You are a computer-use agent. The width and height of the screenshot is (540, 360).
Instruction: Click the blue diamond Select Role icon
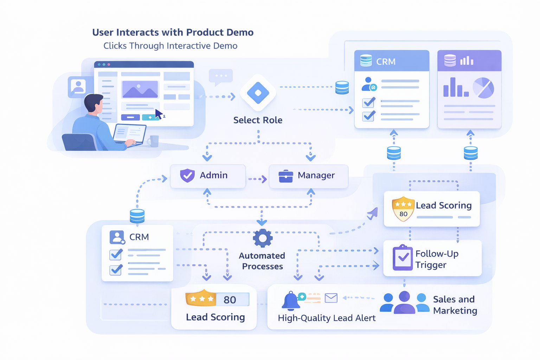pyautogui.click(x=258, y=93)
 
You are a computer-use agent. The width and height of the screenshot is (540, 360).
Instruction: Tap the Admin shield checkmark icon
pyautogui.click(x=187, y=175)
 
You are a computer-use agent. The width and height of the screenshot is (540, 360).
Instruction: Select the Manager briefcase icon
pyautogui.click(x=285, y=176)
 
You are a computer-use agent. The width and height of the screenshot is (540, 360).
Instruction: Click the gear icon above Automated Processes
pyautogui.click(x=262, y=238)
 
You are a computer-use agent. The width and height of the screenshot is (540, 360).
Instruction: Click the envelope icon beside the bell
pyautogui.click(x=331, y=298)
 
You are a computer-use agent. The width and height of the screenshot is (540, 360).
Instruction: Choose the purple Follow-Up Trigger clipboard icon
pyautogui.click(x=403, y=258)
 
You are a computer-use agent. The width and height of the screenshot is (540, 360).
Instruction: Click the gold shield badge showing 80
pyautogui.click(x=403, y=209)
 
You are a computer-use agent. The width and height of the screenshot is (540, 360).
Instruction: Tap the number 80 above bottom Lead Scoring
pyautogui.click(x=230, y=300)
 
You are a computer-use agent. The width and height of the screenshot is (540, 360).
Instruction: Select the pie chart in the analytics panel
pyautogui.click(x=483, y=88)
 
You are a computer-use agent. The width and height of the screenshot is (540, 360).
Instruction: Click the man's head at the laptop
pyautogui.click(x=94, y=103)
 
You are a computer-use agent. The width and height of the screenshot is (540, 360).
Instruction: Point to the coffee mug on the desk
pyautogui.click(x=154, y=141)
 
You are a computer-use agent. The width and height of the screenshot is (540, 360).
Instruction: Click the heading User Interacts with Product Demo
pyautogui.click(x=173, y=32)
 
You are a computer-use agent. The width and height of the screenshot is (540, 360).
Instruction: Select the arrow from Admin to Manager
pyautogui.click(x=258, y=179)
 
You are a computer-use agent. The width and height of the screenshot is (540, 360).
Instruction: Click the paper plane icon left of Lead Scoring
pyautogui.click(x=373, y=213)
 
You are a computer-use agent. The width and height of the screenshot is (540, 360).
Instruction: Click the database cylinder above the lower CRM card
pyautogui.click(x=137, y=216)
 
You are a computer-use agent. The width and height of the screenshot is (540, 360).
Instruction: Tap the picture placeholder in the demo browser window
pyautogui.click(x=140, y=89)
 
